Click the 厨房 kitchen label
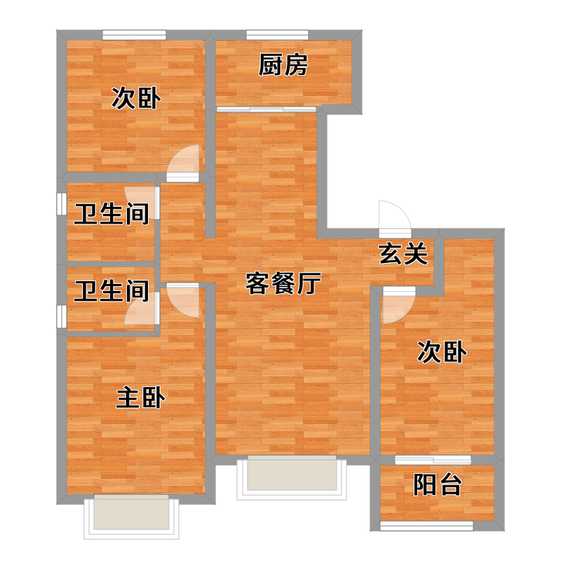[x=283, y=65]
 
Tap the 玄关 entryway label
[x=403, y=254]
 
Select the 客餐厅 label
[x=283, y=283]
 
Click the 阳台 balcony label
[x=437, y=485]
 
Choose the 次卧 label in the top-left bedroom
[x=136, y=98]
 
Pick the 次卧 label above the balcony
[x=442, y=352]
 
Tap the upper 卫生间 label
[x=111, y=214]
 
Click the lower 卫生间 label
[x=111, y=290]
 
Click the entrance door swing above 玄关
[x=395, y=219]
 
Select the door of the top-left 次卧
[x=183, y=163]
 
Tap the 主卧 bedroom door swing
[x=183, y=300]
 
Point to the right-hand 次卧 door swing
[x=399, y=305]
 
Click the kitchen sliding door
[x=266, y=109]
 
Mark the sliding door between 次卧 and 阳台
[x=433, y=460]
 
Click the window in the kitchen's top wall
[x=277, y=34]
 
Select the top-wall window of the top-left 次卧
[x=134, y=34]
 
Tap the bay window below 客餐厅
[x=292, y=478]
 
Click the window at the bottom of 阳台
[x=426, y=526]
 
